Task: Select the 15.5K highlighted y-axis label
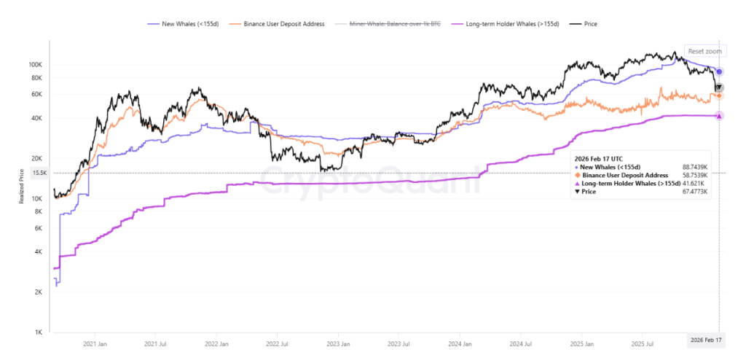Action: pos(39,173)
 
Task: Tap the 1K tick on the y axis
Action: pos(42,333)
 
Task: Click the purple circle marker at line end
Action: pos(719,71)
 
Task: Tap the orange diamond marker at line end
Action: pos(719,95)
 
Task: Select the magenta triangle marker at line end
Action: pos(719,116)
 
